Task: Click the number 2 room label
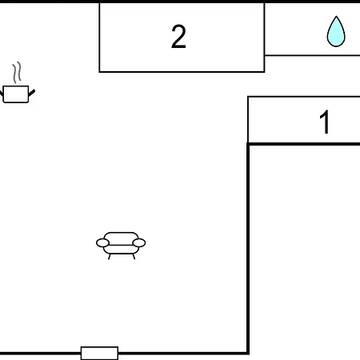178,37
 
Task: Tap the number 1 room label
325,122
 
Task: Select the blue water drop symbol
336,31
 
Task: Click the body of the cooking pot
16,94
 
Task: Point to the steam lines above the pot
17,73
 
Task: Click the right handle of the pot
32,93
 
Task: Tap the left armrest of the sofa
102,243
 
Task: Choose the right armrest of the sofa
139,243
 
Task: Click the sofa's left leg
110,257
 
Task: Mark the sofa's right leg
134,257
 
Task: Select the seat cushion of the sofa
121,250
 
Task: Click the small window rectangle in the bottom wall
99,353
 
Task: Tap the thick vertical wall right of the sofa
248,249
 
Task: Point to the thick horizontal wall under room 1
304,144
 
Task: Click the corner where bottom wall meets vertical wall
248,353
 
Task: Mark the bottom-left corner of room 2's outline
99,72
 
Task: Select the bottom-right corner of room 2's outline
264,72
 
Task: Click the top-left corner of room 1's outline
248,97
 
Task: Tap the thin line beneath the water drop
312,55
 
